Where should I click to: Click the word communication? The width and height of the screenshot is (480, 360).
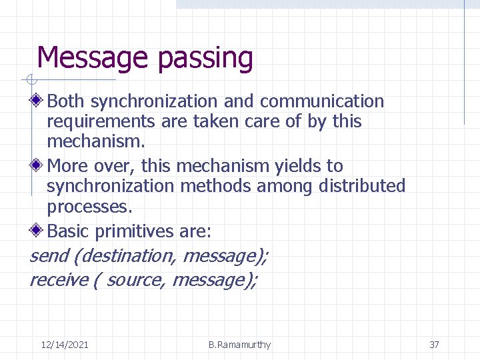coord(322,101)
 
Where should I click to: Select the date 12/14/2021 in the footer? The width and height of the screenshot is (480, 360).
coord(65,345)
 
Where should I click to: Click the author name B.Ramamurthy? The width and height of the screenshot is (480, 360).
coord(239,345)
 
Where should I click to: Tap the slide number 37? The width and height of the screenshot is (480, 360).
coord(434,345)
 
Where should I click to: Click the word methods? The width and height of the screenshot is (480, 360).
coord(219,186)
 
